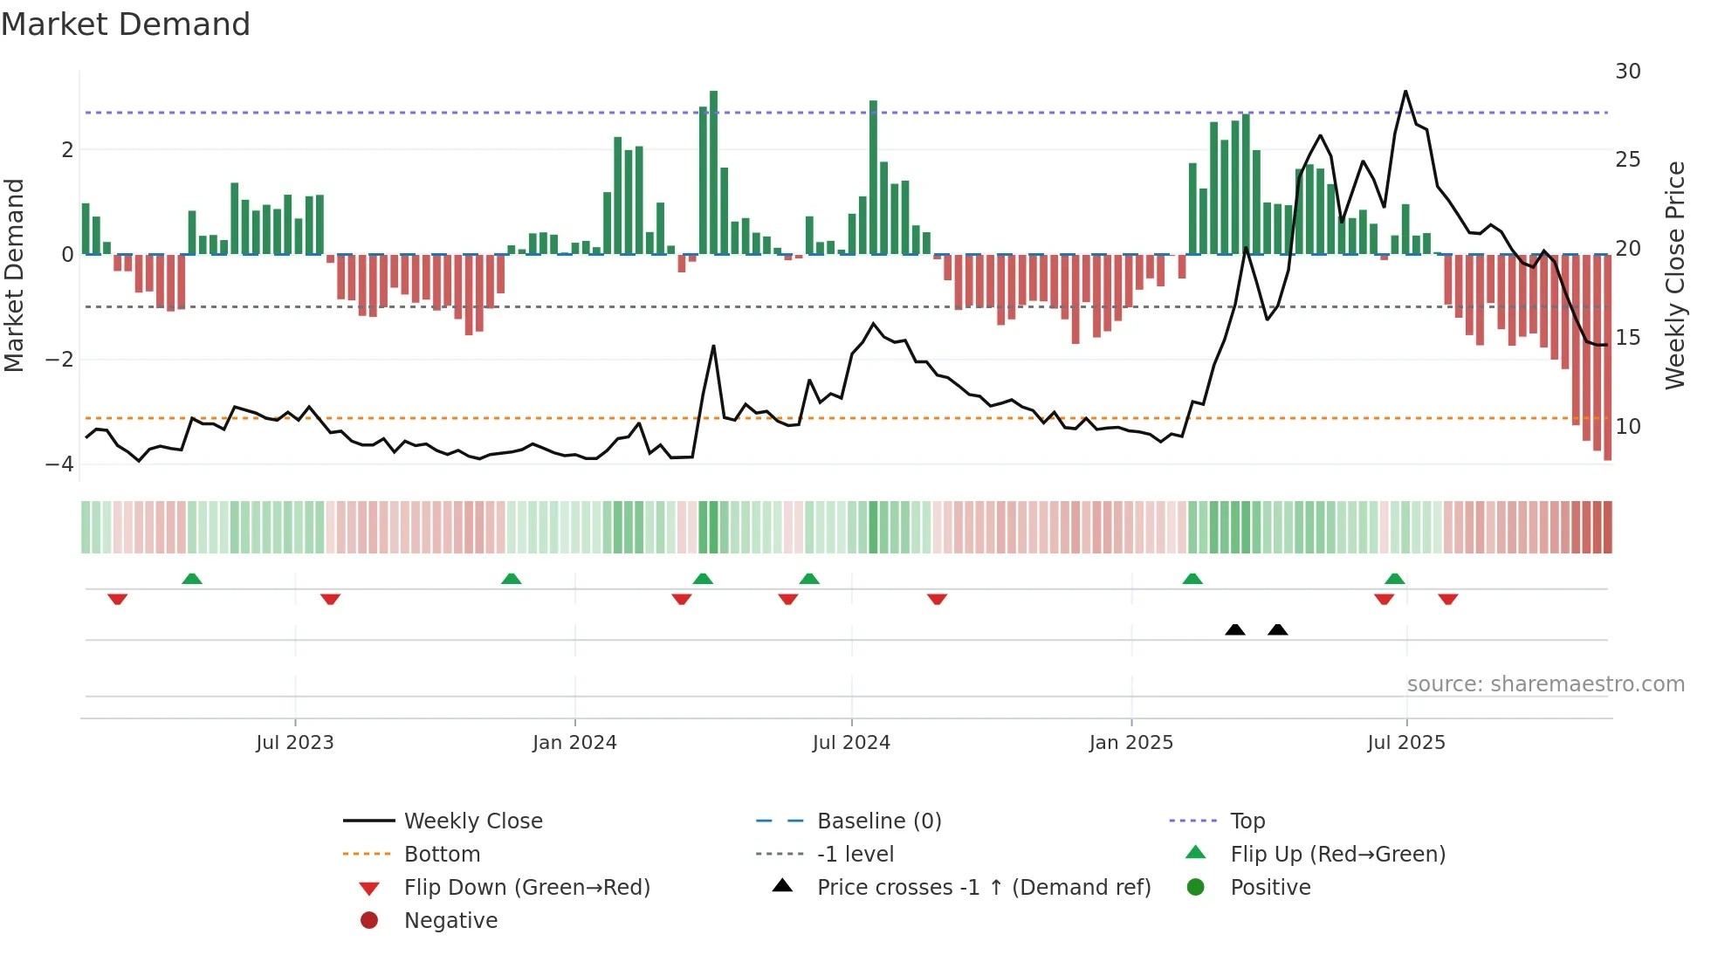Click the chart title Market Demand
126,24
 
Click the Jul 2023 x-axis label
295,743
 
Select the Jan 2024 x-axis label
574,743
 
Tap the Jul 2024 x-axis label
851,743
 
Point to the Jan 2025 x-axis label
1131,743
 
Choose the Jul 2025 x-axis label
1406,743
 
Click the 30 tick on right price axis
1627,72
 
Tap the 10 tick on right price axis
1627,427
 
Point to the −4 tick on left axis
59,464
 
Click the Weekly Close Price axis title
1675,275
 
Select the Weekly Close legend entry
472,821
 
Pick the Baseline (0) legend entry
878,821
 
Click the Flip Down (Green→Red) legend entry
526,888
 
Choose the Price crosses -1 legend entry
983,888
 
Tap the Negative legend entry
450,921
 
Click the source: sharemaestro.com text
1545,684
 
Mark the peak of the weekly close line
1405,92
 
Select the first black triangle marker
1234,629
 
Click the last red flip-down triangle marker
1448,599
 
